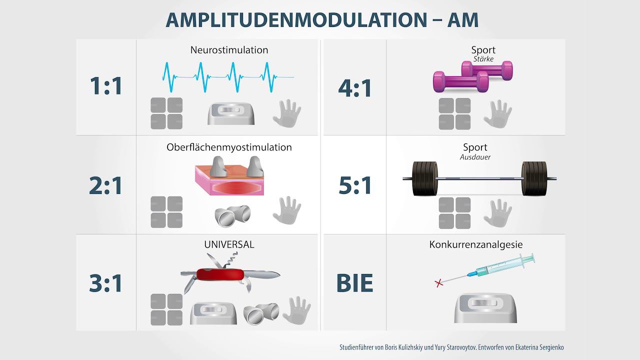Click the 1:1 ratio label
pyautogui.click(x=106, y=86)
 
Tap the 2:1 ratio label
pyautogui.click(x=106, y=186)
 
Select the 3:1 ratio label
pyautogui.click(x=106, y=283)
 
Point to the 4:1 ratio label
pyautogui.click(x=355, y=88)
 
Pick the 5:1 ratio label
pyautogui.click(x=355, y=186)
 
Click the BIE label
pyautogui.click(x=355, y=283)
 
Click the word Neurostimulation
pyautogui.click(x=229, y=50)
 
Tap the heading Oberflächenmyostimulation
pyautogui.click(x=229, y=147)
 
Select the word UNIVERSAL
pyautogui.click(x=229, y=244)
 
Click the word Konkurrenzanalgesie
pyautogui.click(x=476, y=244)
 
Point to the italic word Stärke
pyautogui.click(x=483, y=59)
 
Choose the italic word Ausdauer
pyautogui.click(x=475, y=157)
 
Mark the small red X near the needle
pyautogui.click(x=439, y=283)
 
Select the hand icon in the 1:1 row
pyautogui.click(x=287, y=113)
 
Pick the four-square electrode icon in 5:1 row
pyautogui.click(x=454, y=213)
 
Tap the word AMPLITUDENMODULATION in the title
pyautogui.click(x=294, y=20)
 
